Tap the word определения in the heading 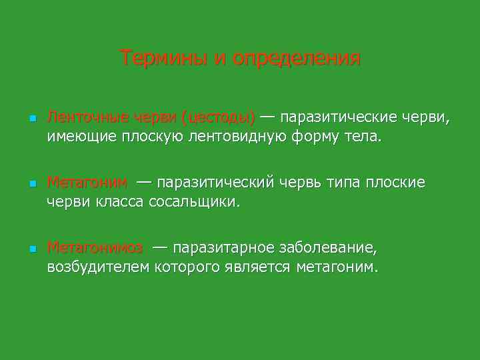297,59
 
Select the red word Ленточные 87,118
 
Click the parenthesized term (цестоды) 218,118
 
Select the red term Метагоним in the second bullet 87,183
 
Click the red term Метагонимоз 95,248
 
